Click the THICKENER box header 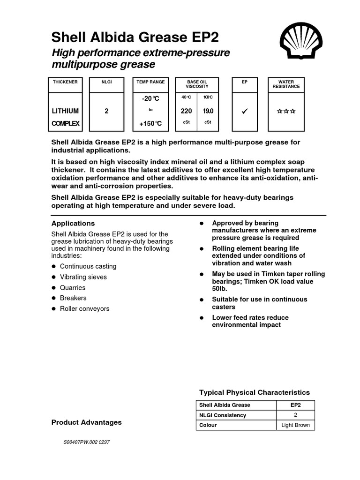pyautogui.click(x=65, y=82)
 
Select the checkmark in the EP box pyautogui.click(x=244, y=112)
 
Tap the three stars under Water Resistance pyautogui.click(x=286, y=112)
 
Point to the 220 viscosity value pyautogui.click(x=186, y=112)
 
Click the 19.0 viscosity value pyautogui.click(x=208, y=112)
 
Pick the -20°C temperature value pyautogui.click(x=150, y=99)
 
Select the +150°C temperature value pyautogui.click(x=150, y=124)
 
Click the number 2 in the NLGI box pyautogui.click(x=106, y=112)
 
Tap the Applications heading pyautogui.click(x=73, y=224)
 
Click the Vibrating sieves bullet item pyautogui.click(x=83, y=277)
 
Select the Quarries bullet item pyautogui.click(x=73, y=287)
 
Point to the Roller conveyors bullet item pyautogui.click(x=84, y=309)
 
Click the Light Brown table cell pyautogui.click(x=295, y=426)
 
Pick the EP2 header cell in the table pyautogui.click(x=295, y=405)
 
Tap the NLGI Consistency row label pyautogui.click(x=223, y=415)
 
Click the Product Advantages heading pyautogui.click(x=86, y=422)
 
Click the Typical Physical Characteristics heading pyautogui.click(x=255, y=392)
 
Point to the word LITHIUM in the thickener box pyautogui.click(x=65, y=112)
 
